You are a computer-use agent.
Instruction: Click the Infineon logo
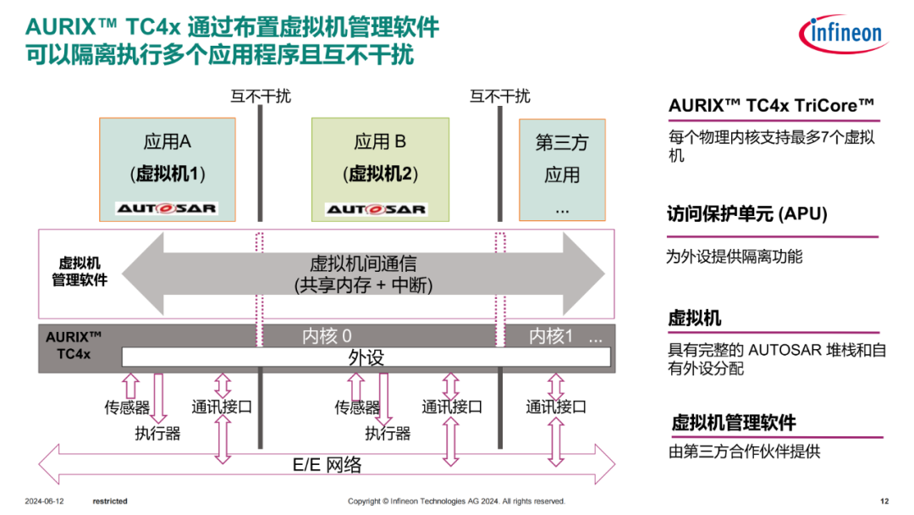(841, 33)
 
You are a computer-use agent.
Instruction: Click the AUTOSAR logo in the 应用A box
(167, 208)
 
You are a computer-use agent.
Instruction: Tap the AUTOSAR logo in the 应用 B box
(377, 209)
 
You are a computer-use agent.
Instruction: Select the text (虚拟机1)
(168, 174)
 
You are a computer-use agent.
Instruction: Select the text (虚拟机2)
(380, 174)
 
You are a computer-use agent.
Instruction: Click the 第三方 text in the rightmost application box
(561, 142)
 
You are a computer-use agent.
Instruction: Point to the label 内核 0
(327, 336)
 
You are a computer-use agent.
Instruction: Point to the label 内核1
(551, 336)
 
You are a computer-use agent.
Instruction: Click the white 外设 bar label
(366, 357)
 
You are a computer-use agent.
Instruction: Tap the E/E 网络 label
(327, 464)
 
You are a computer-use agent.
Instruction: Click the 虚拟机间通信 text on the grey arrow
(363, 264)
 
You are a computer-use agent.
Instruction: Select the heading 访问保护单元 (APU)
(747, 214)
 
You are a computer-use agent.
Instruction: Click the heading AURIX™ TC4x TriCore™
(771, 106)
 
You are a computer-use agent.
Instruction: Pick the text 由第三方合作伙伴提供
(745, 451)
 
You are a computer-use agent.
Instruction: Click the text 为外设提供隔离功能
(734, 256)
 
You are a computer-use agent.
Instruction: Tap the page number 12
(884, 501)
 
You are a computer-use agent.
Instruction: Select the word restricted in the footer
(110, 501)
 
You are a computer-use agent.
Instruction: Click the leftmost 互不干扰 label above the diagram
(261, 96)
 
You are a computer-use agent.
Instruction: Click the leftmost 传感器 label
(127, 407)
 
